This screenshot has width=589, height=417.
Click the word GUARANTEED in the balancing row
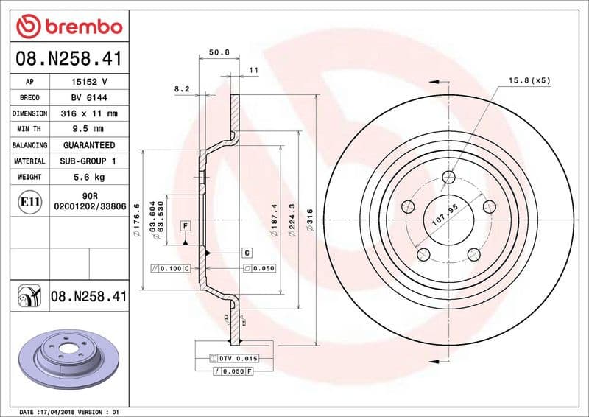[88, 145]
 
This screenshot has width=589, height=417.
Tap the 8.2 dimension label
[182, 88]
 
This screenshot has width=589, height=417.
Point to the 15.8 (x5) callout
[529, 80]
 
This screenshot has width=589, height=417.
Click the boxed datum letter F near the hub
[185, 225]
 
